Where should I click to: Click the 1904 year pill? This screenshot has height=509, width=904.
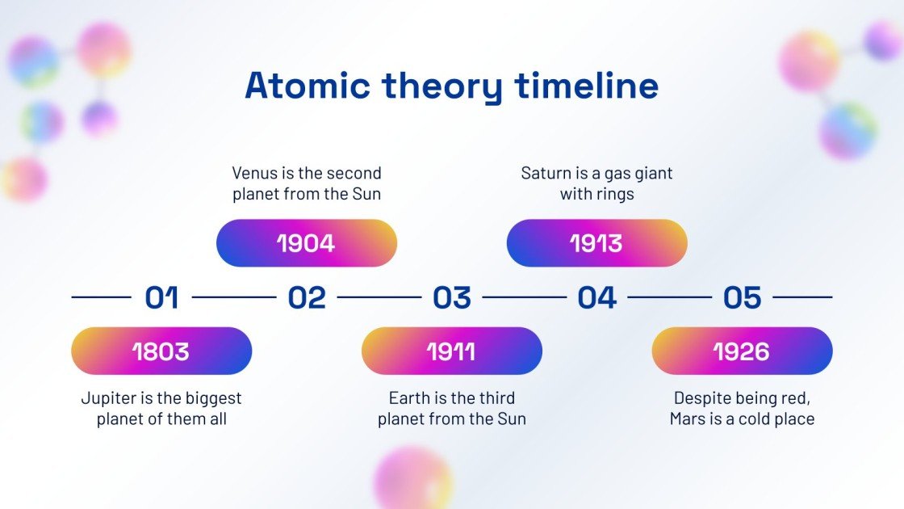tap(307, 242)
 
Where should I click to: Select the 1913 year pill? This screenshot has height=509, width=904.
tap(596, 242)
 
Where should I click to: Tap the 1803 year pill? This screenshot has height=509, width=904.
tap(161, 351)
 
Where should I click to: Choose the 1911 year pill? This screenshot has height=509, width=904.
tap(451, 351)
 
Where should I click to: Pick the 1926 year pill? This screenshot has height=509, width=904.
tap(742, 351)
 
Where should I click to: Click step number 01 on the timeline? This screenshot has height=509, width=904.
tap(161, 297)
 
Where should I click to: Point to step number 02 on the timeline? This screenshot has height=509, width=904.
tap(307, 297)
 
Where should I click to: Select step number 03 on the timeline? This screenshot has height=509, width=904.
tap(451, 297)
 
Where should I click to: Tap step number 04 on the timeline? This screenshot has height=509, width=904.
tap(596, 297)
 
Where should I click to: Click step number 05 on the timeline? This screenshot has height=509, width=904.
tap(742, 297)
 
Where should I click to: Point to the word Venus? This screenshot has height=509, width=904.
tap(254, 173)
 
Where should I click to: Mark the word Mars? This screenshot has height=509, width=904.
tap(688, 419)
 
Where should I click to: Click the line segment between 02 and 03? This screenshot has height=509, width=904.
tap(379, 297)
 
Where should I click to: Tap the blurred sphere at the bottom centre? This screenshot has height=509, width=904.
tap(412, 477)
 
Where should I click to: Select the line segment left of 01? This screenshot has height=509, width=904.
tap(101, 297)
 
